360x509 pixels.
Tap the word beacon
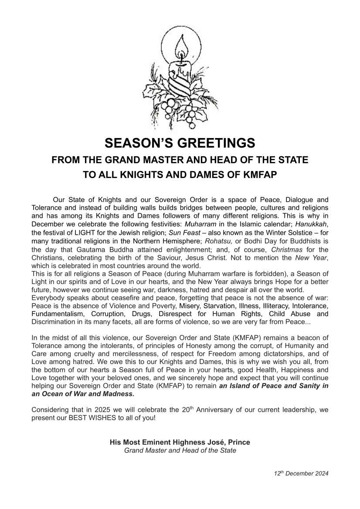click(310, 337)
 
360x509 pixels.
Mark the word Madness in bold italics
click(117, 394)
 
